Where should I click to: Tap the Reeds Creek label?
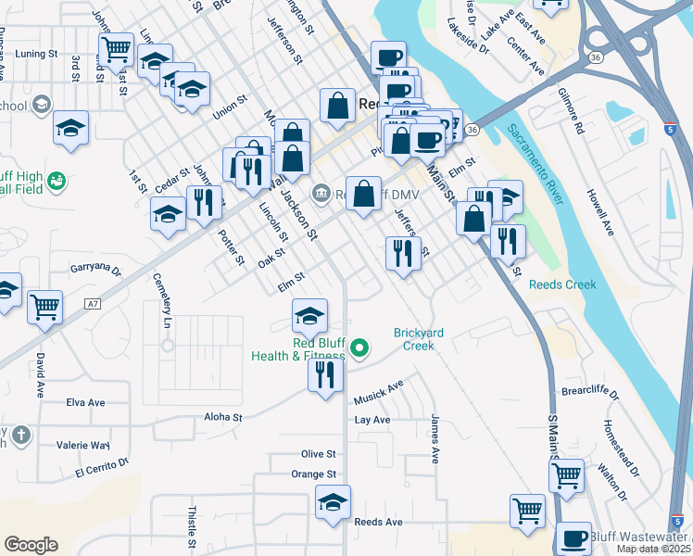pyautogui.click(x=562, y=284)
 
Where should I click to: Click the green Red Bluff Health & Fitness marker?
pyautogui.click(x=359, y=349)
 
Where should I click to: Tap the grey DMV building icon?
pyautogui.click(x=321, y=193)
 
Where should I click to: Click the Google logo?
pyautogui.click(x=31, y=545)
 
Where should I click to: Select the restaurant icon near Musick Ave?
pyautogui.click(x=325, y=375)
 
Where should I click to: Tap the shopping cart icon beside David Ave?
pyautogui.click(x=44, y=307)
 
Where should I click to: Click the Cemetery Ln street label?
pyautogui.click(x=168, y=307)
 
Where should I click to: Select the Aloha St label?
pyautogui.click(x=223, y=418)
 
